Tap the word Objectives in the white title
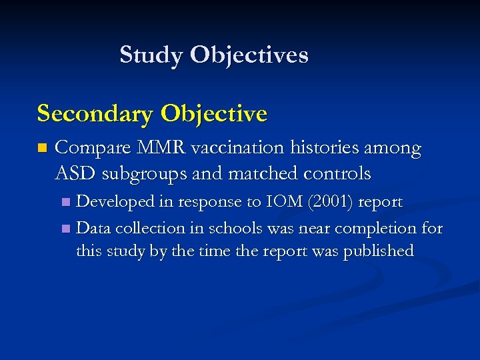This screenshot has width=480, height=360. click(249, 55)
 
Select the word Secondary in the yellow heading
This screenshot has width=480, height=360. click(95, 114)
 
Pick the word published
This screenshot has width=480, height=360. click(378, 251)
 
